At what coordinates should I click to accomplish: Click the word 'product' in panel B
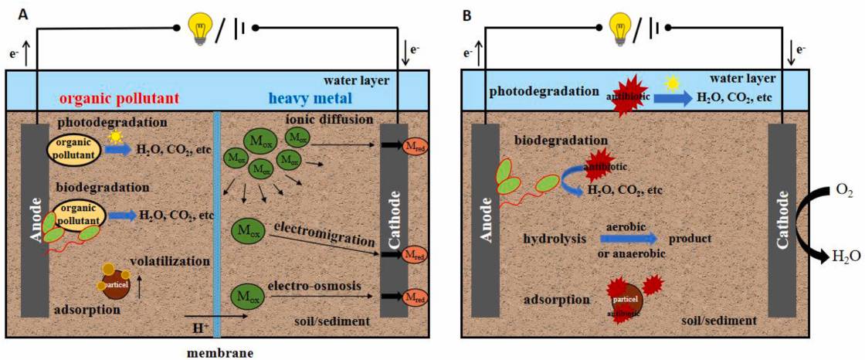(689, 239)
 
